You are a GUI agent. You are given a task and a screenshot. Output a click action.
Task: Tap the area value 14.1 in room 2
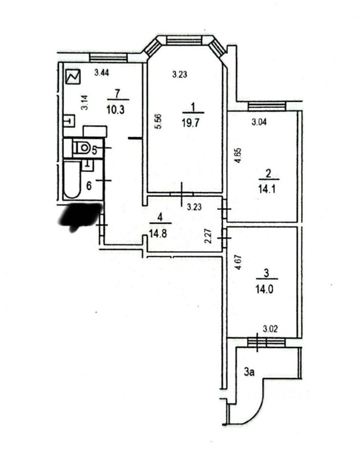click(x=267, y=189)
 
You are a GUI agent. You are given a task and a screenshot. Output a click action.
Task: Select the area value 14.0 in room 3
click(x=265, y=290)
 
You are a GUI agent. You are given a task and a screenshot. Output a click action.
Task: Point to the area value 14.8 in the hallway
click(x=158, y=234)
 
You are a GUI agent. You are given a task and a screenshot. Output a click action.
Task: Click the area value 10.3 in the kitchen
click(x=115, y=110)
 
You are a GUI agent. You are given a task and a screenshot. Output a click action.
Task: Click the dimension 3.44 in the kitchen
click(x=102, y=73)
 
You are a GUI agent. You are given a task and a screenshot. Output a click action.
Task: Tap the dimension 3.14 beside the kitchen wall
click(x=84, y=103)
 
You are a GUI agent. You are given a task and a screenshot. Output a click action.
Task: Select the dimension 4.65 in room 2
click(x=238, y=156)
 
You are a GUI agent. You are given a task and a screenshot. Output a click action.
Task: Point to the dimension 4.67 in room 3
click(x=238, y=262)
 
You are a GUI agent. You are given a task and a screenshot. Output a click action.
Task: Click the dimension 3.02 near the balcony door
click(x=270, y=329)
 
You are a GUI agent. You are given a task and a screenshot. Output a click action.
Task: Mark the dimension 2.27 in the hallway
click(x=207, y=236)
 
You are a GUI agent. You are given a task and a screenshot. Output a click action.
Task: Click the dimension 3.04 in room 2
click(x=259, y=122)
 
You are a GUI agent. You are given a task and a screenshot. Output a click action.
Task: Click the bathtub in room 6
click(x=72, y=179)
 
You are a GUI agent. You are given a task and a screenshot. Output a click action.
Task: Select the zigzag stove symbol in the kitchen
click(x=73, y=77)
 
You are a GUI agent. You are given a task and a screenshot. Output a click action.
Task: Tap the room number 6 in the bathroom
click(x=89, y=186)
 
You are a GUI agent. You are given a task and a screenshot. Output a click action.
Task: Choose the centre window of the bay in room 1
click(x=185, y=40)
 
